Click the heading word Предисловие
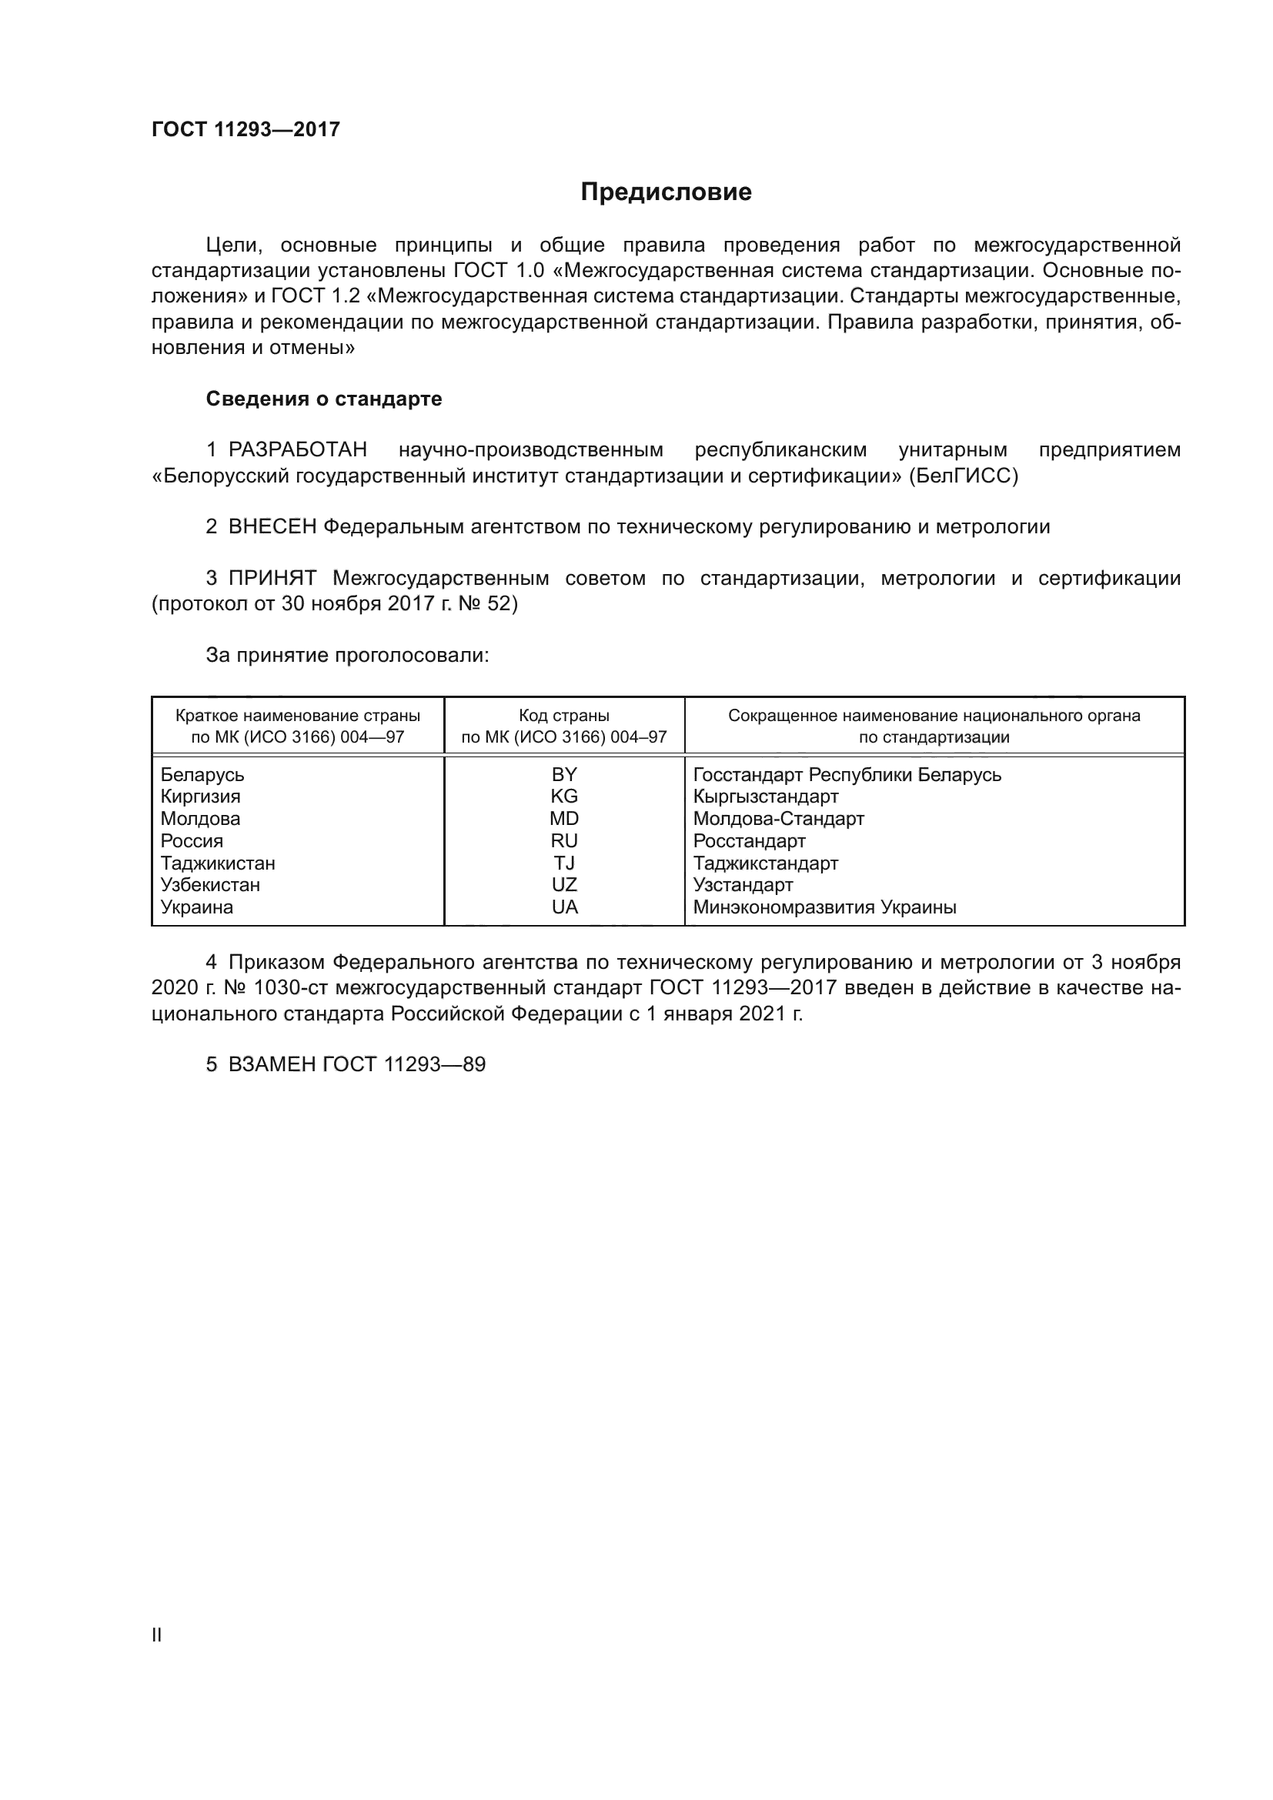[x=666, y=192]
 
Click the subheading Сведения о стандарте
[x=324, y=399]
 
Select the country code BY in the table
[x=564, y=775]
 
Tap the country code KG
[x=564, y=796]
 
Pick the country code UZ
[x=564, y=885]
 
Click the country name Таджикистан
[x=218, y=863]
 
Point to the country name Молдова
[x=201, y=819]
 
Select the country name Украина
[x=197, y=907]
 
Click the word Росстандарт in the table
[x=750, y=841]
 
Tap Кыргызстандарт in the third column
[x=766, y=796]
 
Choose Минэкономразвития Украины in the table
[x=824, y=907]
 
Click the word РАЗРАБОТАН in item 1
[x=298, y=450]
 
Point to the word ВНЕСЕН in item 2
[x=272, y=527]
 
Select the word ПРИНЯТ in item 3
[x=272, y=579]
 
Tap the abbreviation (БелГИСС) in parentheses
[x=964, y=476]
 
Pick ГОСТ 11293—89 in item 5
[x=404, y=1064]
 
